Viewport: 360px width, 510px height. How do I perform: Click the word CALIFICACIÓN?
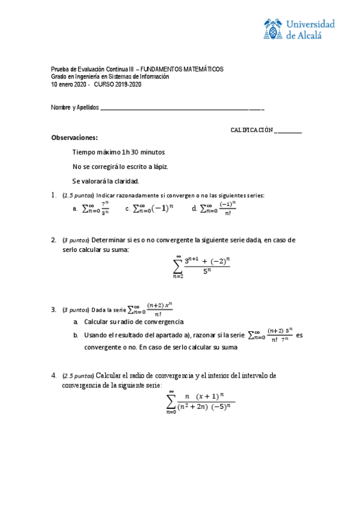click(x=252, y=131)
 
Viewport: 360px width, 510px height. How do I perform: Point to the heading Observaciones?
click(x=74, y=138)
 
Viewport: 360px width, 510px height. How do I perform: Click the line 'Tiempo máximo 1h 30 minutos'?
click(x=118, y=152)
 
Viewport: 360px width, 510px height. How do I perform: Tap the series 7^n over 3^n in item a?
click(x=96, y=208)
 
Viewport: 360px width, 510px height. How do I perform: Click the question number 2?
click(x=53, y=240)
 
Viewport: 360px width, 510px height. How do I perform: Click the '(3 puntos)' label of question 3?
click(x=75, y=310)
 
